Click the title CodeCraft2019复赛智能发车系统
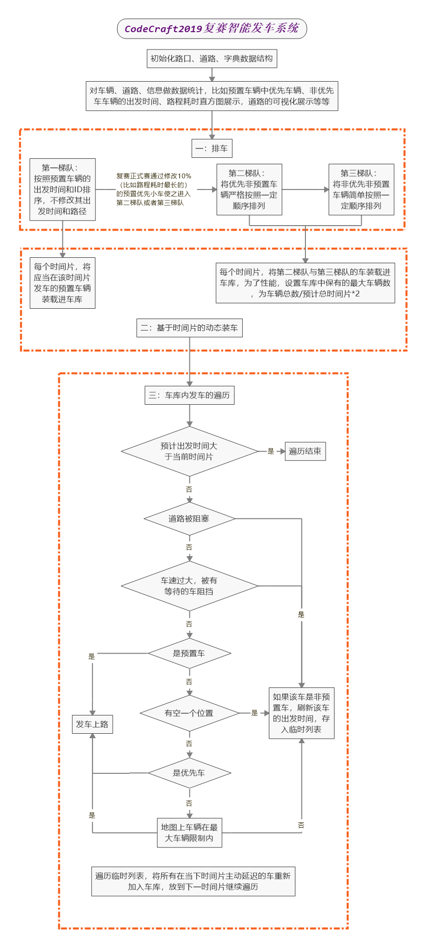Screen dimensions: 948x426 (x=212, y=29)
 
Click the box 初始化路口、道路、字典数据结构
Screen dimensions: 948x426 (x=212, y=58)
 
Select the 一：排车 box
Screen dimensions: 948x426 (x=212, y=148)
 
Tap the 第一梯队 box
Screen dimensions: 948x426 (x=62, y=190)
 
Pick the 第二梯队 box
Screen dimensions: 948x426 (x=249, y=190)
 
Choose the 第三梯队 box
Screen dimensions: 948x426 (x=361, y=190)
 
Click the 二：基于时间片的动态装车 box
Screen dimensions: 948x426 (x=189, y=328)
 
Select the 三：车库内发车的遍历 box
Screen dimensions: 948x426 (x=189, y=395)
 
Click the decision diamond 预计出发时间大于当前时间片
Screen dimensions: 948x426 (x=189, y=451)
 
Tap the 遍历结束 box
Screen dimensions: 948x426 (x=305, y=451)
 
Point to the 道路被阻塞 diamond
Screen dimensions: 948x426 (x=189, y=519)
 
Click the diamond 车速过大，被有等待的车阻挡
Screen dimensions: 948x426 (x=189, y=586)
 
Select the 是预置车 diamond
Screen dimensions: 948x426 (x=189, y=654)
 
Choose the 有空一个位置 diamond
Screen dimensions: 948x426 (x=189, y=713)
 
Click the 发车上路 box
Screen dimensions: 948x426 (x=92, y=724)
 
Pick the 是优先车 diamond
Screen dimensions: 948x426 (x=189, y=773)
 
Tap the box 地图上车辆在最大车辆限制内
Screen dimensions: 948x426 (x=189, y=833)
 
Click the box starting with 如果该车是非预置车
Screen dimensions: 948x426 (x=301, y=713)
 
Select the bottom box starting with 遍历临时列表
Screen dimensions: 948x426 (x=193, y=881)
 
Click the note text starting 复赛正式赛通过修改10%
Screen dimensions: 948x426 (x=154, y=189)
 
